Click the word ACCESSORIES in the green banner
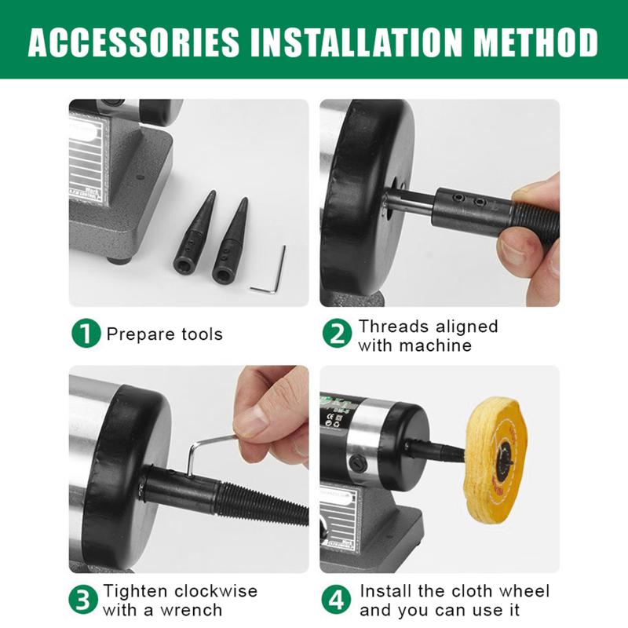[x=133, y=42]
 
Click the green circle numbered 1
[x=86, y=333]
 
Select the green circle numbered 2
[x=337, y=333]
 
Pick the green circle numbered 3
[x=83, y=599]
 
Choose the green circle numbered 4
[x=337, y=599]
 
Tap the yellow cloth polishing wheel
[x=496, y=460]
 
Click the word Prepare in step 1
[x=141, y=334]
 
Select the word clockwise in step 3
[x=216, y=591]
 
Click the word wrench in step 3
[x=191, y=610]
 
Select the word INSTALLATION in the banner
[x=356, y=42]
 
